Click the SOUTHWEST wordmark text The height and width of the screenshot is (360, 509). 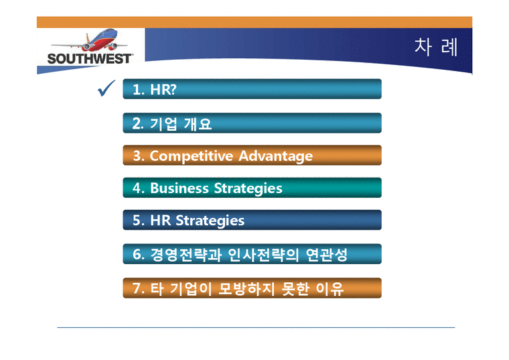[x=90, y=58]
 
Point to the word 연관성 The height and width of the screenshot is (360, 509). [x=323, y=255]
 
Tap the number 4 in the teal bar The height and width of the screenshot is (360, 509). [x=137, y=188]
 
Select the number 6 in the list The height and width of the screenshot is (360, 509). [x=137, y=255]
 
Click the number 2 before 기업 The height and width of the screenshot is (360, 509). [x=136, y=124]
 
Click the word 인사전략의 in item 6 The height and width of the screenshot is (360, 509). [x=259, y=255]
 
